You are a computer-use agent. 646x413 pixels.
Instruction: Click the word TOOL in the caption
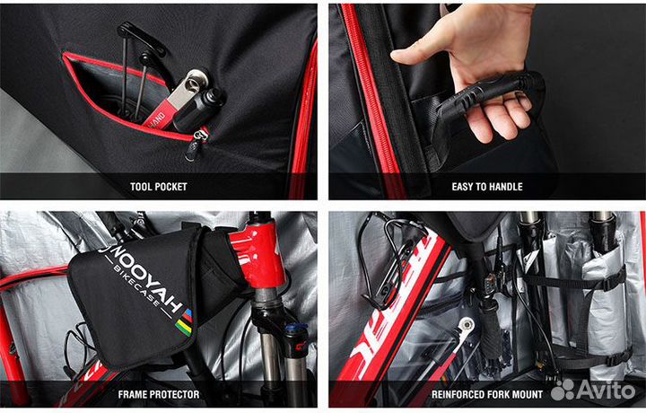[x=144, y=187]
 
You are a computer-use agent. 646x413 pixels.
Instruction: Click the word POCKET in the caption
[x=172, y=187]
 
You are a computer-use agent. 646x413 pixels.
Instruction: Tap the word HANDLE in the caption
[x=505, y=187]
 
